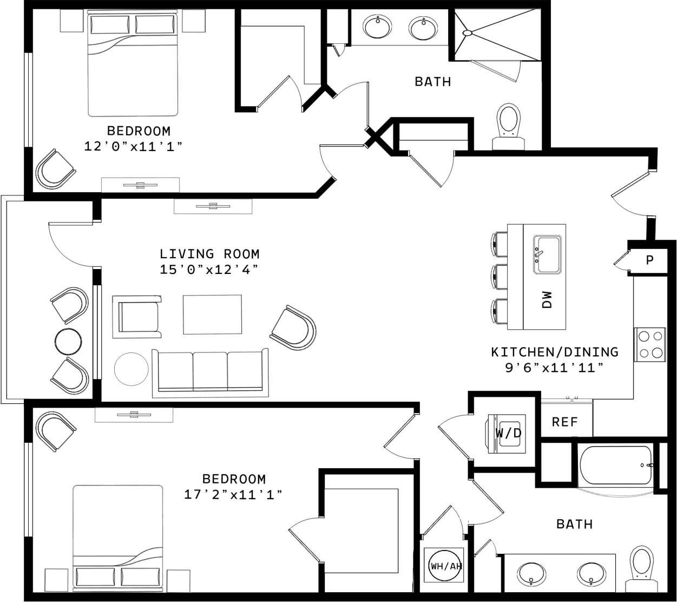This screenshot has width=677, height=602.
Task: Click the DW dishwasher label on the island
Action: tap(547, 299)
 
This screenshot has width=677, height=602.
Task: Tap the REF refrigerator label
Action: tap(565, 422)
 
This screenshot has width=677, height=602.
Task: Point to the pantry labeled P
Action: tap(649, 260)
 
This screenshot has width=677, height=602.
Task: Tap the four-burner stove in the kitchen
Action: tap(650, 344)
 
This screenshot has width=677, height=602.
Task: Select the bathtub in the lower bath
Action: tap(616, 466)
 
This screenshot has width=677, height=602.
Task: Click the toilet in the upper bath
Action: tap(508, 121)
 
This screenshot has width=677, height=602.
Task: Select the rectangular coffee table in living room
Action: tap(212, 315)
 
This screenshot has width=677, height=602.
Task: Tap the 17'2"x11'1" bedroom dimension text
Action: tap(233, 494)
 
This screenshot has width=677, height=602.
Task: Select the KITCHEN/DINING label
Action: tap(554, 352)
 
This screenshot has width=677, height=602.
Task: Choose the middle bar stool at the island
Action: tap(499, 277)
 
